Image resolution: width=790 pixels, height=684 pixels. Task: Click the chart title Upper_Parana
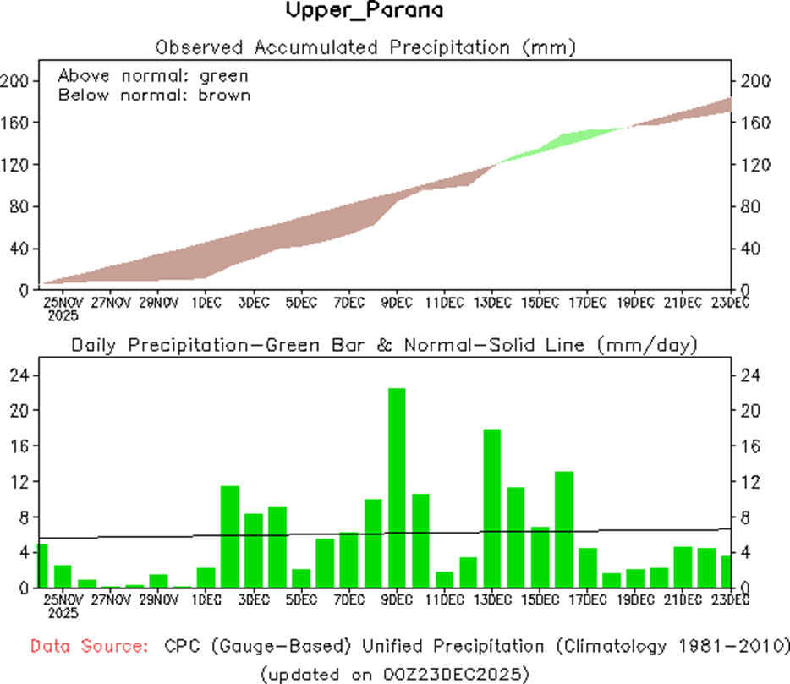pyautogui.click(x=364, y=12)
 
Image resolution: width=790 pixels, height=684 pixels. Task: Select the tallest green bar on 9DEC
pyautogui.click(x=397, y=487)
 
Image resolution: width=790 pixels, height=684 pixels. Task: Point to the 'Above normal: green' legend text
pyautogui.click(x=152, y=76)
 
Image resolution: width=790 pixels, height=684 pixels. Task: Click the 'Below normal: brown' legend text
pyautogui.click(x=154, y=95)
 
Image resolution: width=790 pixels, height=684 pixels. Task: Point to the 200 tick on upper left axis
pyautogui.click(x=19, y=81)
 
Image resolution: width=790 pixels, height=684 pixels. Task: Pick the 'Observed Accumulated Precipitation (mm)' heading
pyautogui.click(x=365, y=47)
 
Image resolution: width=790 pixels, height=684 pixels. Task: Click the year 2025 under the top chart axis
pyautogui.click(x=63, y=316)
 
